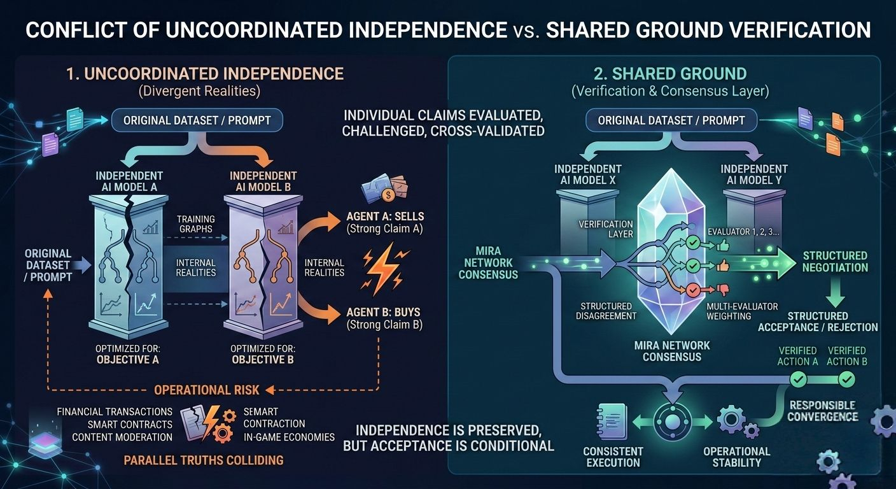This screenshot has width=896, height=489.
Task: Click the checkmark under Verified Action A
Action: (x=798, y=379)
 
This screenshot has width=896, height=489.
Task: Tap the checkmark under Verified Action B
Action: (x=846, y=379)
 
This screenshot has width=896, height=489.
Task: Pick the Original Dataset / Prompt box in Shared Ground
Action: (x=671, y=120)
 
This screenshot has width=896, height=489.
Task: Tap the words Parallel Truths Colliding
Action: (x=204, y=460)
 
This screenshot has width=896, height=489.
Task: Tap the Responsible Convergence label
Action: (x=822, y=411)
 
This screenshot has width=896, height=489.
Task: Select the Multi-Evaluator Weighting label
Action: (x=742, y=311)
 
